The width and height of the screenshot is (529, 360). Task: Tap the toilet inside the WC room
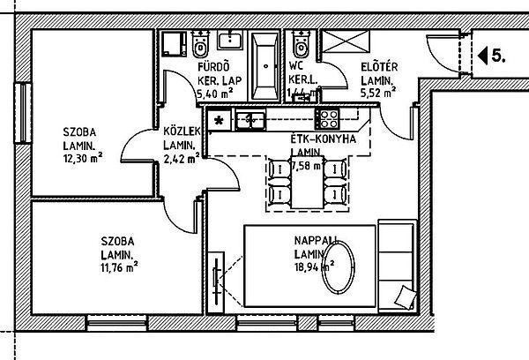(301, 41)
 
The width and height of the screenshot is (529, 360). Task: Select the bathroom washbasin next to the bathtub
(233, 39)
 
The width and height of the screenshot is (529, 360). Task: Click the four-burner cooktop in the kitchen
(329, 116)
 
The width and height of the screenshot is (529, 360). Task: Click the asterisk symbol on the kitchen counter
(220, 117)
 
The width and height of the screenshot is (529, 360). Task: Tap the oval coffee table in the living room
(338, 268)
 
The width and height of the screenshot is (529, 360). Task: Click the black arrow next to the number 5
(481, 56)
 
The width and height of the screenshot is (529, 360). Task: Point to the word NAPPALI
(316, 240)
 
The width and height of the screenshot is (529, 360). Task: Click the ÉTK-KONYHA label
(323, 139)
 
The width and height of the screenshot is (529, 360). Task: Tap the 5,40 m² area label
(213, 90)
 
